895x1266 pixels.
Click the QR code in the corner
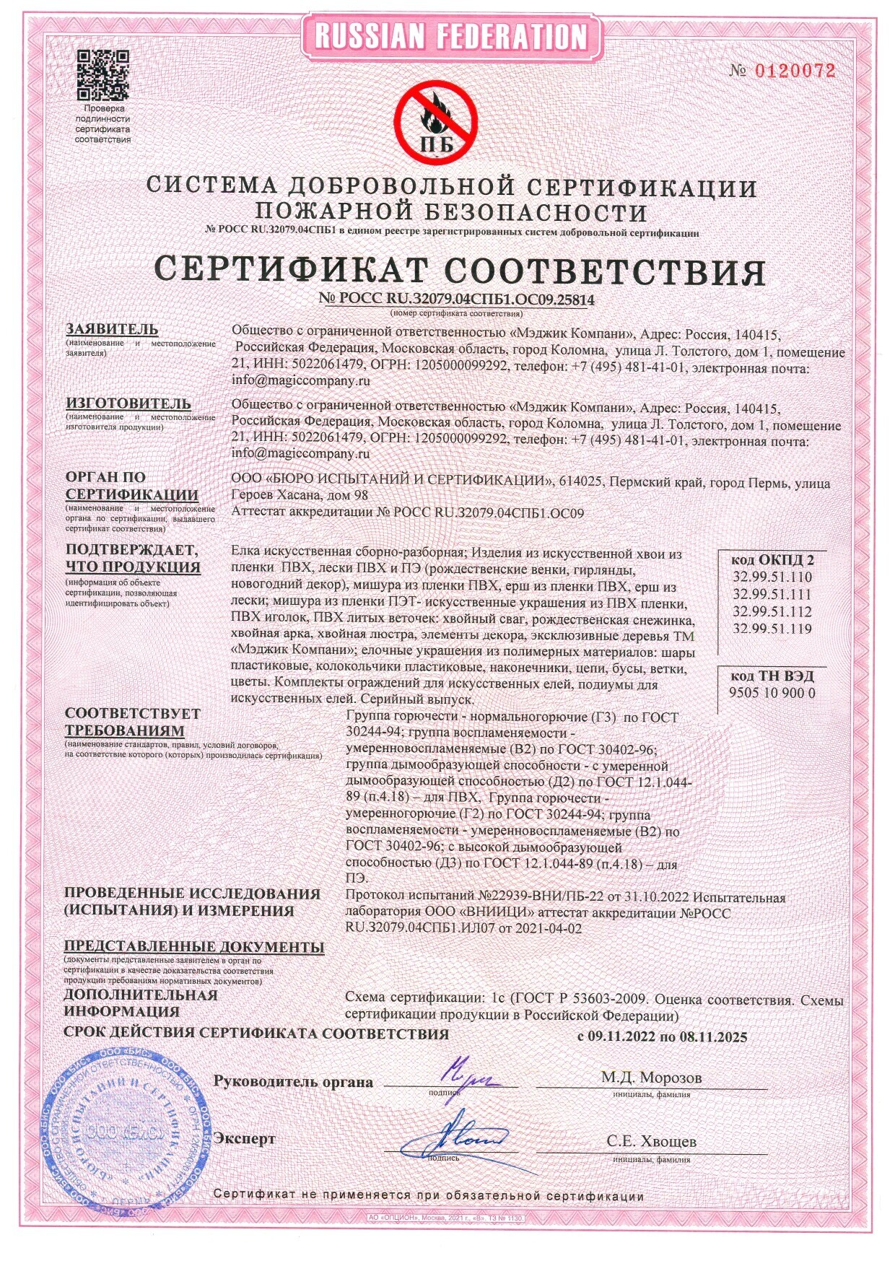point(102,74)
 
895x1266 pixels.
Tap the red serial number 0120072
point(795,71)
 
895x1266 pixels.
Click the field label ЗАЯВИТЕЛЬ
point(112,329)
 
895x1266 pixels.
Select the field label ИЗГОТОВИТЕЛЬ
point(128,403)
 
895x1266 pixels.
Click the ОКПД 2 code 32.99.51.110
point(772,577)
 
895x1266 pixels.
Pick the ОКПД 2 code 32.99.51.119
point(772,628)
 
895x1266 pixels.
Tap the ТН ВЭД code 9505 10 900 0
point(772,692)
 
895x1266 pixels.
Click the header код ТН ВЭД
point(772,676)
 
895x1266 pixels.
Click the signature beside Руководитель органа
point(468,1075)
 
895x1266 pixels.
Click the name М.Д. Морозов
point(651,1078)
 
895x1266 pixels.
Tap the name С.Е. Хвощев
point(651,1141)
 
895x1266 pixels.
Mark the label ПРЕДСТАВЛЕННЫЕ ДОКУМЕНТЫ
point(194,946)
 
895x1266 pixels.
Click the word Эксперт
point(244,1138)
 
